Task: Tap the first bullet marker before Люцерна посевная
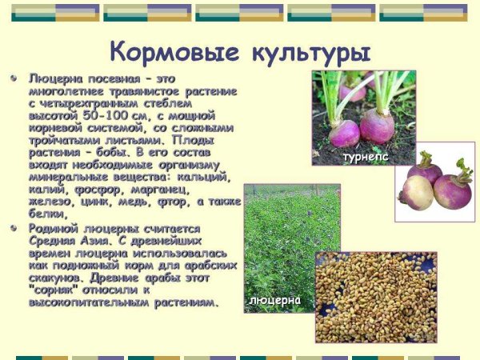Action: point(14,80)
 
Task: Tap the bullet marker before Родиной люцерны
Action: point(14,228)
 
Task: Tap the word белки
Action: point(46,214)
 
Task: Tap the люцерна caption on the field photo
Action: point(274,300)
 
